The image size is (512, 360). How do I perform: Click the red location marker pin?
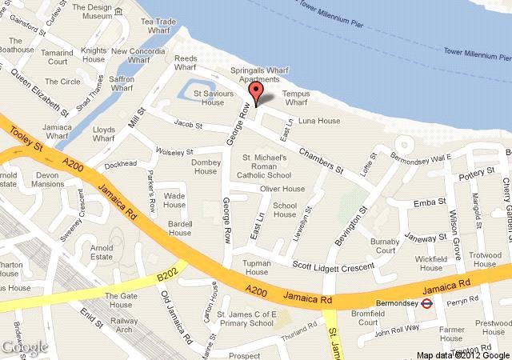click(x=256, y=94)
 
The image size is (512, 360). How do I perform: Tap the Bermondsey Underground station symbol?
click(x=427, y=303)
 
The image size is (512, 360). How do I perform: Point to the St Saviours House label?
click(x=212, y=98)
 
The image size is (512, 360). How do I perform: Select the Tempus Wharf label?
click(x=296, y=97)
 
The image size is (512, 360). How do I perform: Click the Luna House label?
click(x=319, y=121)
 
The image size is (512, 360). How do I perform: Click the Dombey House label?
click(x=206, y=166)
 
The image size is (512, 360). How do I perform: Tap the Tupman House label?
click(x=256, y=267)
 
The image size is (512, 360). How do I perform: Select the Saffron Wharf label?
click(x=122, y=86)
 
